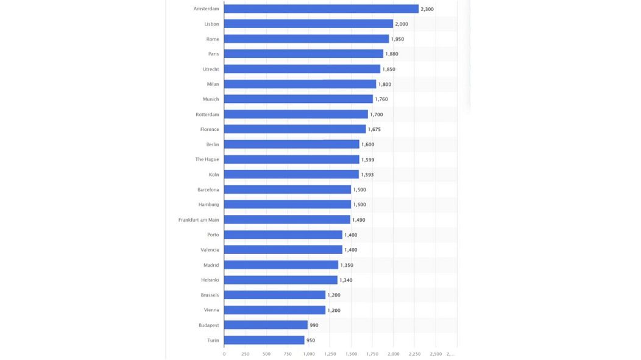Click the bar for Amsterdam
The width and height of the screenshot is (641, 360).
coord(321,9)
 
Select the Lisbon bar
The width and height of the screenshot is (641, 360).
coord(308,24)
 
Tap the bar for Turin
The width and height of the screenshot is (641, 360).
coord(264,340)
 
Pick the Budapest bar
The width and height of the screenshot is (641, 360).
coord(266,325)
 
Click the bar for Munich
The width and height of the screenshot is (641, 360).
coord(299,99)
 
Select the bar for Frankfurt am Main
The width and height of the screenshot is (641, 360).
coord(287,219)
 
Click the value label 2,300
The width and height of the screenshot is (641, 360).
coord(427,9)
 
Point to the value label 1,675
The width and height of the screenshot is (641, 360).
coord(374,129)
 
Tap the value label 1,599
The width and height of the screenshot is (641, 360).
coord(367,160)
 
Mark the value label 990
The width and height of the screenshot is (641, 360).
coord(314,325)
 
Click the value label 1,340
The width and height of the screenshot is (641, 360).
coord(345,280)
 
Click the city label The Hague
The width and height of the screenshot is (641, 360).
coord(207,159)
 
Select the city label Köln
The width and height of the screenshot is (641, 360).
coord(213,174)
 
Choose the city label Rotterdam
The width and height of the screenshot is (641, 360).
coord(207,114)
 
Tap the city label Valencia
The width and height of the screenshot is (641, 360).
coord(210,250)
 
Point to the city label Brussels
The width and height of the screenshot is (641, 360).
coord(210,295)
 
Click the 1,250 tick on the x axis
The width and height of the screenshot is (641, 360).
coord(330,353)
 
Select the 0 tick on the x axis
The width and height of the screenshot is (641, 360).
coord(224,353)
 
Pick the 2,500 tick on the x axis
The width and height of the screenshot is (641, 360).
coord(436,353)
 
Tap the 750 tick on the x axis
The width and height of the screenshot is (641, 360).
coord(288,353)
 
